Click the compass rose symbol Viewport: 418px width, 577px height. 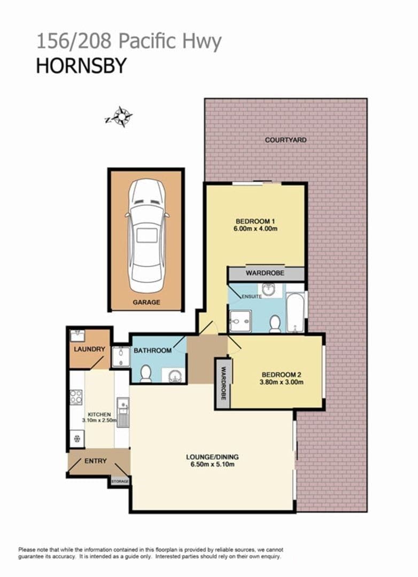click(x=120, y=117)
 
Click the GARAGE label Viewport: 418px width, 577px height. click(x=146, y=302)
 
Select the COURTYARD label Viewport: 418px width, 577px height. click(x=286, y=140)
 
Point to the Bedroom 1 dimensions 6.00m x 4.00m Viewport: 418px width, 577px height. click(x=256, y=229)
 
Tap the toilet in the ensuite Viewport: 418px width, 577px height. click(x=275, y=324)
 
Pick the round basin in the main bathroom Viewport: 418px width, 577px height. click(x=174, y=376)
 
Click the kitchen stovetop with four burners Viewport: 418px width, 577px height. click(x=76, y=397)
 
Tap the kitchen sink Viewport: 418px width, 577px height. click(x=123, y=412)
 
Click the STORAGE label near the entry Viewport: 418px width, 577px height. click(x=120, y=481)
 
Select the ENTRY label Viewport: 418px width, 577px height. click(x=95, y=461)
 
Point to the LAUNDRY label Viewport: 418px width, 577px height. click(x=89, y=349)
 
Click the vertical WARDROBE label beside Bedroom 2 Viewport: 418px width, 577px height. click(x=223, y=384)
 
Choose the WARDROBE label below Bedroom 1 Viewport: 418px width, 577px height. click(x=265, y=273)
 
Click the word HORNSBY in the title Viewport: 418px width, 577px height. click(x=81, y=66)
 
